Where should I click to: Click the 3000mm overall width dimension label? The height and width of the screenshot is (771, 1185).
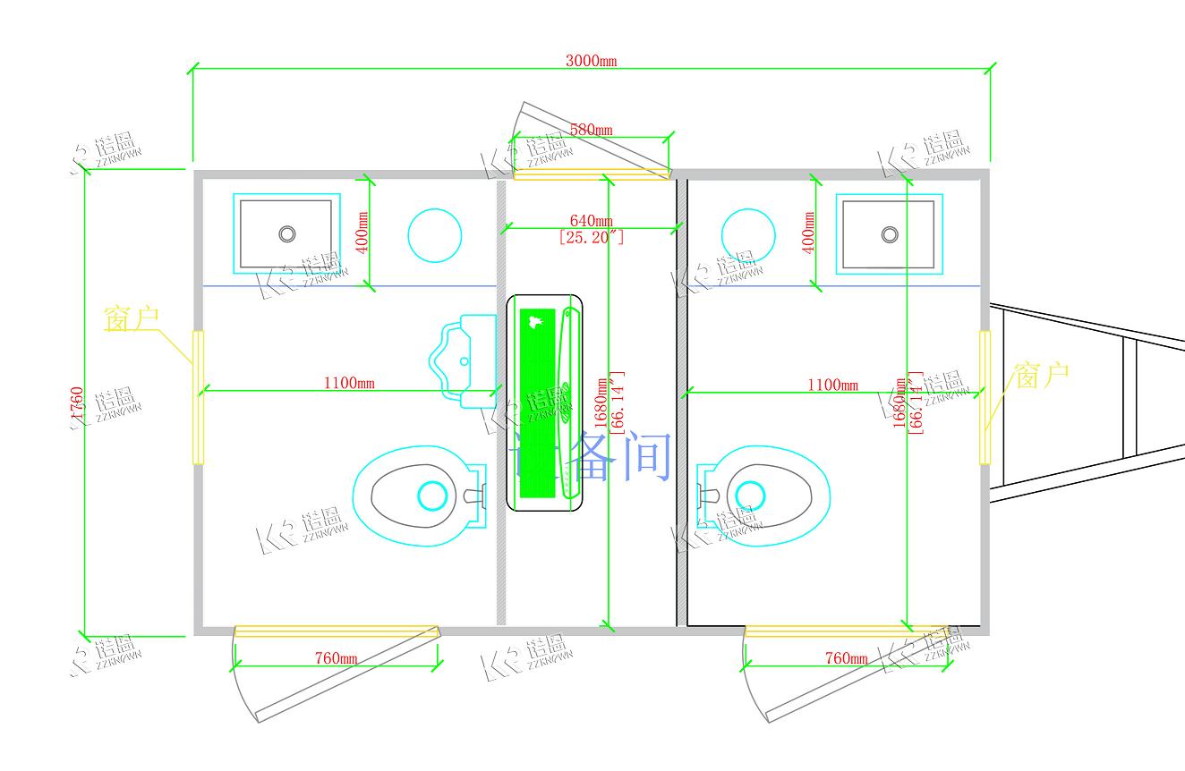point(591,62)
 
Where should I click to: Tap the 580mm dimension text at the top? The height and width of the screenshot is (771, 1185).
point(591,130)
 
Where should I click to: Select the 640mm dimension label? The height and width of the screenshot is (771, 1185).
point(591,221)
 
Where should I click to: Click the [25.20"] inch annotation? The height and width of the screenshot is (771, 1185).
point(591,237)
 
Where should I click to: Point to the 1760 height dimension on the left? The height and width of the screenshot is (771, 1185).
point(78,407)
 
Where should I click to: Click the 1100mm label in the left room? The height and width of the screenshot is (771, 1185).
point(349,385)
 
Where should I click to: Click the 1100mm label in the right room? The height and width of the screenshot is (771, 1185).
point(831,385)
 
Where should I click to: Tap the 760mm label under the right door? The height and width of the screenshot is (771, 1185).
point(846,658)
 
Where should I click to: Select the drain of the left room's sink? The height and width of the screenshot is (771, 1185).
point(286,233)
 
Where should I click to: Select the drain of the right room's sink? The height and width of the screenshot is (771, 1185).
point(889,234)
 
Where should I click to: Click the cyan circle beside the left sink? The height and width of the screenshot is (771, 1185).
point(435,235)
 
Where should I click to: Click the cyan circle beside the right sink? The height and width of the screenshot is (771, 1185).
point(748,235)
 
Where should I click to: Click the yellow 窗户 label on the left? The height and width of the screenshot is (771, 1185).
point(132,318)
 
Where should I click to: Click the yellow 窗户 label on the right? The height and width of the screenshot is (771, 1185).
point(1041,375)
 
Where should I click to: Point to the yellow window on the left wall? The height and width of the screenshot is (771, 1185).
point(198,397)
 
